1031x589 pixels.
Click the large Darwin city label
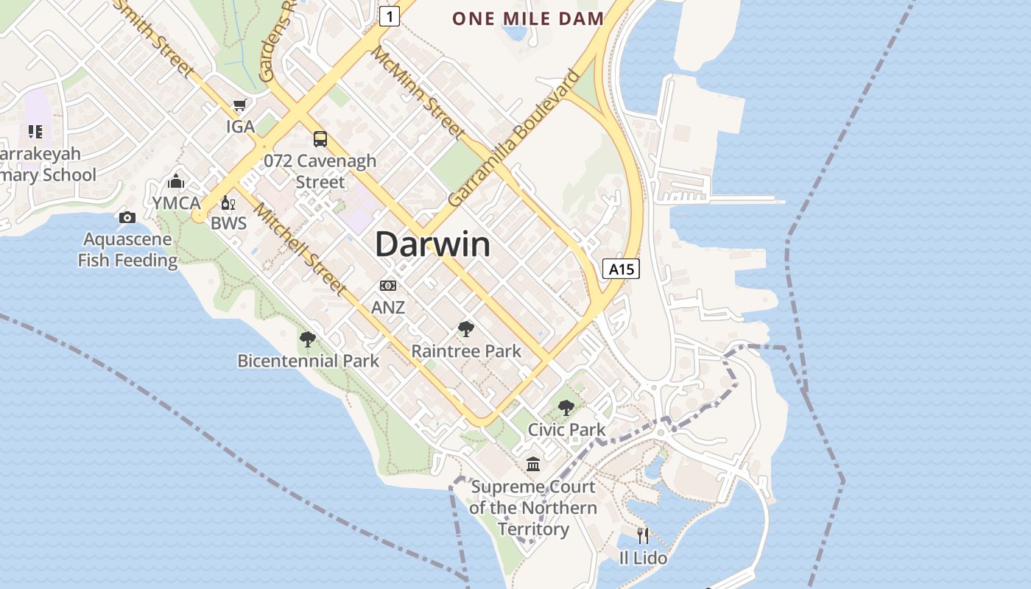pyautogui.click(x=432, y=244)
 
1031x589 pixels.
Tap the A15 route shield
pyautogui.click(x=621, y=269)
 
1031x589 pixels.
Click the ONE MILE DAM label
pyautogui.click(x=528, y=18)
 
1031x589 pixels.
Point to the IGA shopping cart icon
pyautogui.click(x=239, y=106)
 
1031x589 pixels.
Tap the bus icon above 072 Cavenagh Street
pyautogui.click(x=320, y=139)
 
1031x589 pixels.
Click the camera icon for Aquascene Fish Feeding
pyautogui.click(x=127, y=217)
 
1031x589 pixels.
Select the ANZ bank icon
pyautogui.click(x=388, y=286)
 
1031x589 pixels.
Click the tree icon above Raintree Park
pyautogui.click(x=465, y=329)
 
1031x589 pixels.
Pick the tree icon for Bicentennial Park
pyautogui.click(x=308, y=339)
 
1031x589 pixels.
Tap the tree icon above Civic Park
pyautogui.click(x=566, y=407)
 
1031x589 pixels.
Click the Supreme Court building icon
pyautogui.click(x=533, y=465)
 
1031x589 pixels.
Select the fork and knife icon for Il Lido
pyautogui.click(x=643, y=535)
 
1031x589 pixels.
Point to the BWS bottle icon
pyautogui.click(x=228, y=203)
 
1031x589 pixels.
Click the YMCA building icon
pyautogui.click(x=176, y=181)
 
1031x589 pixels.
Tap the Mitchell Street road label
pyautogui.click(x=300, y=248)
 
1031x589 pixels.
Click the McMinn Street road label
pyautogui.click(x=417, y=92)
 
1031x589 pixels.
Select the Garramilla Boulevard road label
pyautogui.click(x=514, y=138)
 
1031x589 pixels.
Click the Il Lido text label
pyautogui.click(x=643, y=558)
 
